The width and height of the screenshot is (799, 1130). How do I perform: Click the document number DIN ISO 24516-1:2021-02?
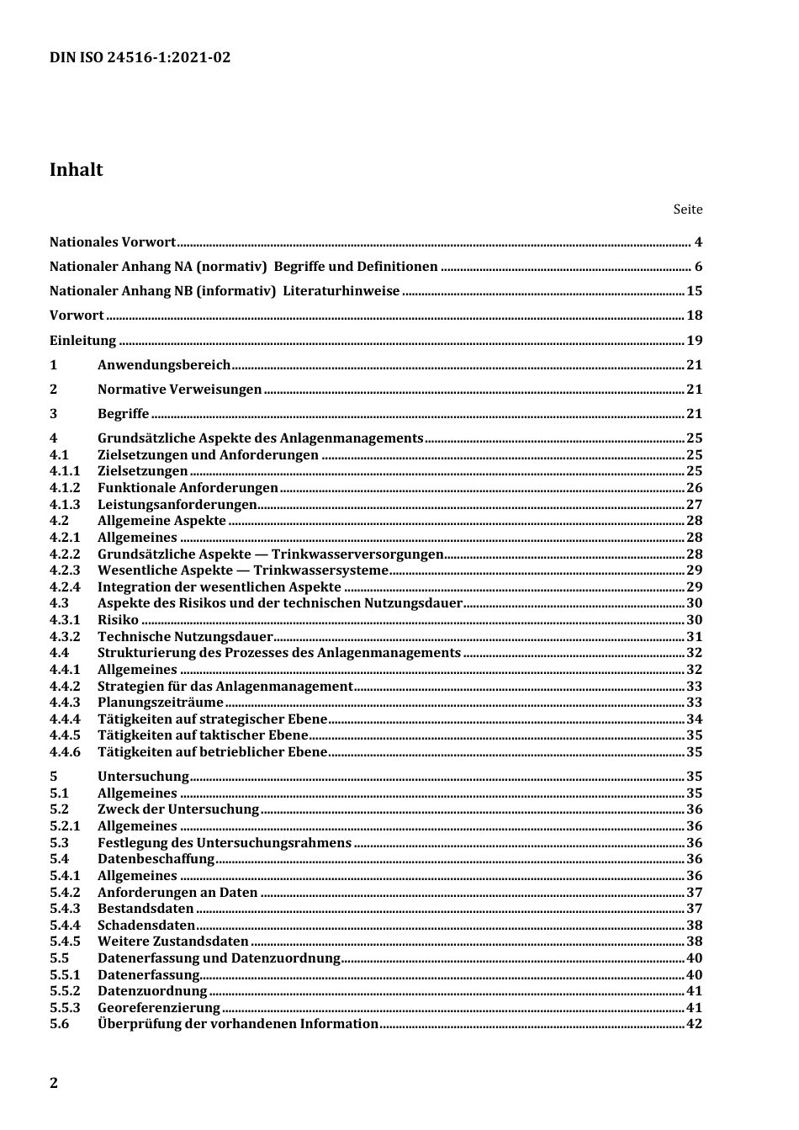[x=140, y=57]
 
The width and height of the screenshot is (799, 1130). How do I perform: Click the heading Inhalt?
[x=77, y=170]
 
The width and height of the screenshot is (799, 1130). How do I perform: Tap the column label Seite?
[x=687, y=210]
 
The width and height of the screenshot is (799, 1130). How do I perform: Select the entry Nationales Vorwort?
[x=113, y=242]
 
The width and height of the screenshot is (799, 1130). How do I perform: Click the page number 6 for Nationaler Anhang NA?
[x=698, y=267]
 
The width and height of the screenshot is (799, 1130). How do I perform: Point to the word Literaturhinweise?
[x=341, y=291]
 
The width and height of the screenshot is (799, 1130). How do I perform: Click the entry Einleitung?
[x=82, y=341]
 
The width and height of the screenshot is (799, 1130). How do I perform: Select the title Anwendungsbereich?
[x=164, y=365]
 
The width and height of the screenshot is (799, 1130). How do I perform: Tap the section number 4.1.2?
[x=65, y=488]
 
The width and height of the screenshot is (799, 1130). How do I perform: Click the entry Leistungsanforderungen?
[x=177, y=505]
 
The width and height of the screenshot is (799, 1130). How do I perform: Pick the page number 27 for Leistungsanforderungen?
[x=694, y=505]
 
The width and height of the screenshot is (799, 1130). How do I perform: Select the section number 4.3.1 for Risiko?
[x=65, y=620]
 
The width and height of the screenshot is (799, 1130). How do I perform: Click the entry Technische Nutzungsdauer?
[x=185, y=637]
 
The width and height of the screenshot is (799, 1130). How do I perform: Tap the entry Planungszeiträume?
[x=161, y=703]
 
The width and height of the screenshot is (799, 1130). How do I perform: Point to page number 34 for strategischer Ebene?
[x=694, y=719]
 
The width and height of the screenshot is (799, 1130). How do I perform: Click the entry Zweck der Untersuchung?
[x=178, y=809]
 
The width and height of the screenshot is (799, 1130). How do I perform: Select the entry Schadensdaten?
[x=146, y=926]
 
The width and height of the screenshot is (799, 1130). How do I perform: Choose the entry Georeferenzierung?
[x=159, y=1008]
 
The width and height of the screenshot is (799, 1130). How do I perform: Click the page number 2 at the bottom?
[x=55, y=1083]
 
